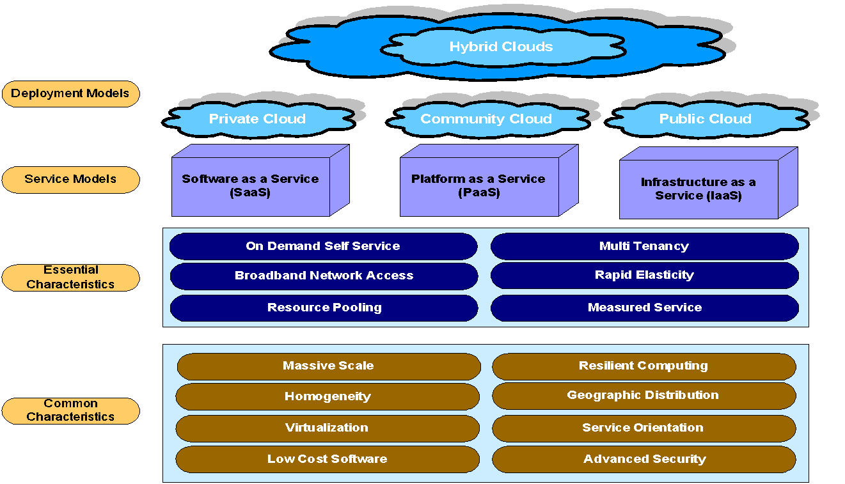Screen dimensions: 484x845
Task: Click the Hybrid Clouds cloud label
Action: point(501,47)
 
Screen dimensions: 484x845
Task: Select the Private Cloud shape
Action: point(257,119)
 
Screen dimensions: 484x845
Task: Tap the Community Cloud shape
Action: point(486,119)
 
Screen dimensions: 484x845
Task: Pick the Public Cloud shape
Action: point(705,119)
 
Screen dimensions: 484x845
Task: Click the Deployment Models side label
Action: point(70,93)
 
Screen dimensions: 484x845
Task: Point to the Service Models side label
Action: point(70,179)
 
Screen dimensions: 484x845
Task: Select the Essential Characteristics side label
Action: point(70,277)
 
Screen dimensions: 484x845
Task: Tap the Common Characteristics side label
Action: point(70,410)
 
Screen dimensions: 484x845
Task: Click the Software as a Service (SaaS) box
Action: point(251,186)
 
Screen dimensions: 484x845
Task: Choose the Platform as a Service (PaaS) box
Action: point(478,186)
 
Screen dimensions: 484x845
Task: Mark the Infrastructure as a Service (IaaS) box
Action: point(699,189)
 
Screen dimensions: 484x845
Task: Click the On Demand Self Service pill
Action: point(323,246)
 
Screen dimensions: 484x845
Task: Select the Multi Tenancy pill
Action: point(644,246)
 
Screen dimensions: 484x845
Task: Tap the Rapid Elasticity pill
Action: point(644,275)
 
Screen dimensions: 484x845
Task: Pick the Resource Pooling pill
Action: point(324,308)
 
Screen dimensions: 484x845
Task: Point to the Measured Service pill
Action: point(644,308)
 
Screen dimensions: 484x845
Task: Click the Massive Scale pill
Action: point(328,366)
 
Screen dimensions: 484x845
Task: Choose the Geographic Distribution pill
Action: point(644,396)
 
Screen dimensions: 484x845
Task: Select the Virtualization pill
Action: point(327,428)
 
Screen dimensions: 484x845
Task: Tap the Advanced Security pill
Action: point(644,459)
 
